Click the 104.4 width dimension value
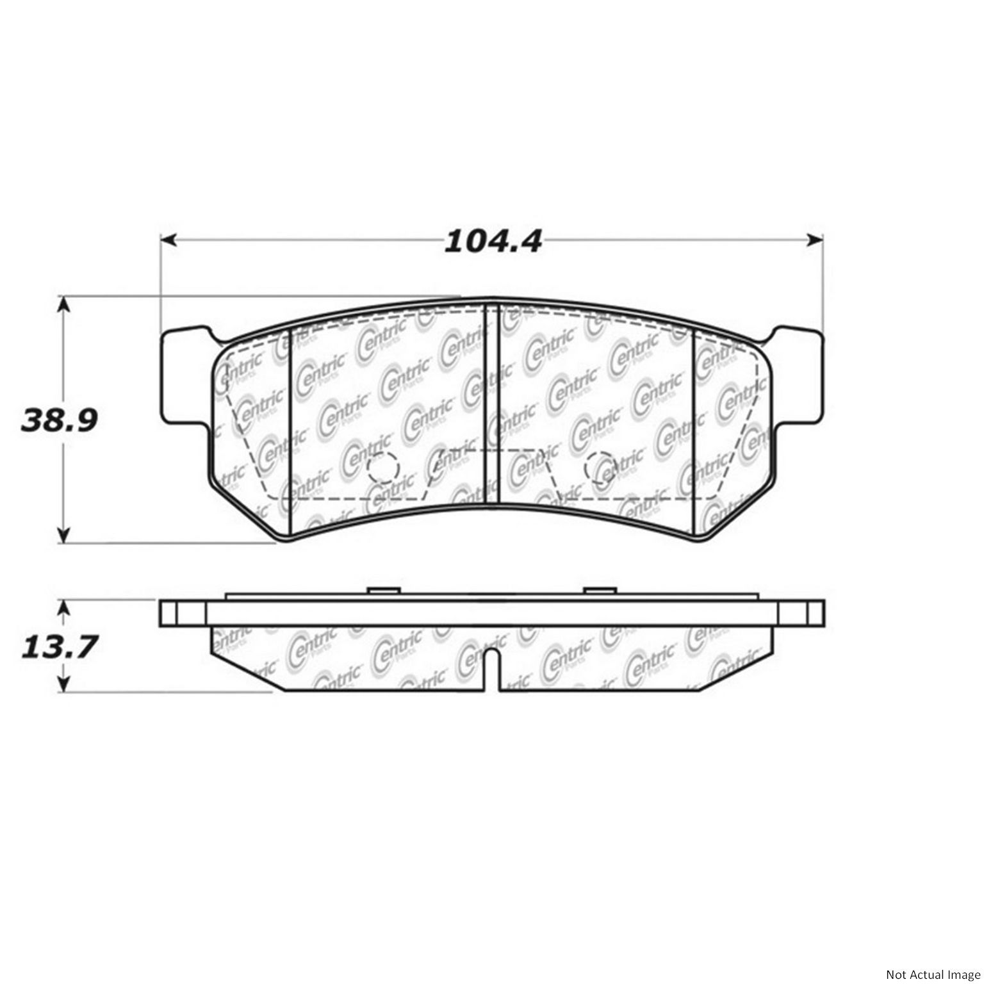[493, 241]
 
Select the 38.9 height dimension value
[59, 420]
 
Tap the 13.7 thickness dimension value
[59, 647]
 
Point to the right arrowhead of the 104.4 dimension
[815, 240]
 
